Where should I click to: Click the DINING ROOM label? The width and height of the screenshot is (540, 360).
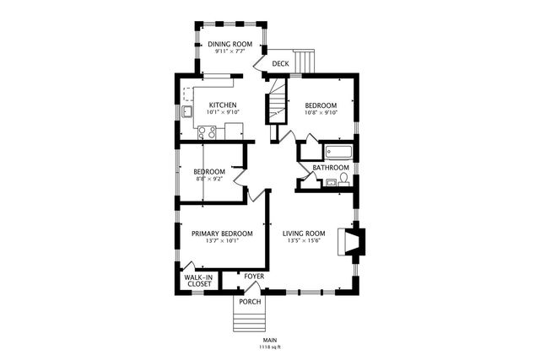coord(230,44)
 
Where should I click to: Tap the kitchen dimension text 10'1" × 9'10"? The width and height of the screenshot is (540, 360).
coord(223,112)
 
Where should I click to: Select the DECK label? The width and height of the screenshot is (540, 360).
coord(281,64)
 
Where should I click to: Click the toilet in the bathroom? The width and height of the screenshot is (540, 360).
coord(343,180)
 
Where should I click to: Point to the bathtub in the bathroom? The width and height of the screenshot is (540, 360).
coord(339,152)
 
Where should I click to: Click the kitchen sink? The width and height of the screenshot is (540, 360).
coord(187,111)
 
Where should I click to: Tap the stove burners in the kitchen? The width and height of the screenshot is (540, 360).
coord(207,133)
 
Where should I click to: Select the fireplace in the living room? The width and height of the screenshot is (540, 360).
coord(350,242)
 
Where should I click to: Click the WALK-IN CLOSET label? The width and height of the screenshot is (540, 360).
coord(197,281)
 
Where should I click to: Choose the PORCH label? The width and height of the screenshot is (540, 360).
coord(250,302)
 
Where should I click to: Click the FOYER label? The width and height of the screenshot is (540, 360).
coord(254,277)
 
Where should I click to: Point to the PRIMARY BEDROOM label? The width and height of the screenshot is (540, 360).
coord(222,234)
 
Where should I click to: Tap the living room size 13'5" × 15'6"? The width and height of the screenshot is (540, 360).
coord(304,240)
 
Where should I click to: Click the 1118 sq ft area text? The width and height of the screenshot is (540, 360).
coord(270,347)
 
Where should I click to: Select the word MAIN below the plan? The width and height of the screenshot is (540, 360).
coord(270,341)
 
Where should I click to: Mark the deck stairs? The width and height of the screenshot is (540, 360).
coord(305,61)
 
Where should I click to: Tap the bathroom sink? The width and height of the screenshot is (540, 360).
coord(332,182)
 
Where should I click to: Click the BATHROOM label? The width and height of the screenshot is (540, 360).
coord(331,168)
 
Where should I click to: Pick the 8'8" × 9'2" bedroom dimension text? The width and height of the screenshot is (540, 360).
coord(210,179)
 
